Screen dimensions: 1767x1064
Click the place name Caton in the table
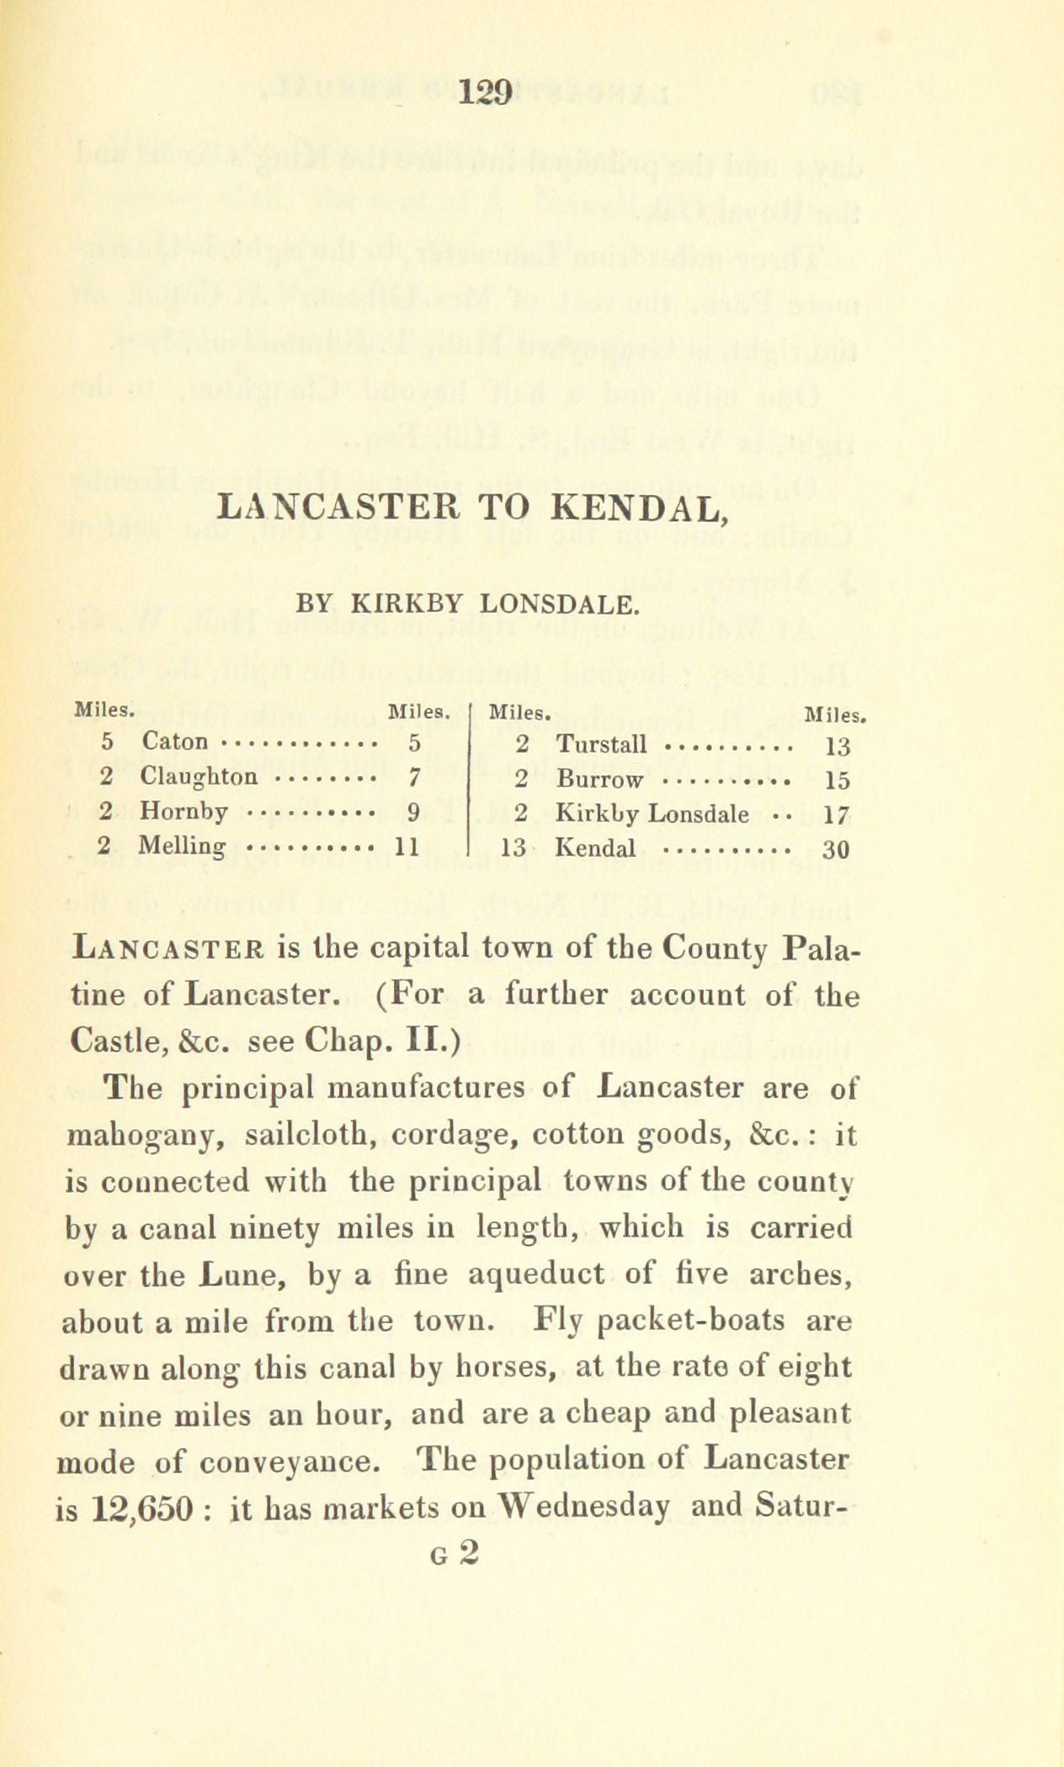pyautogui.click(x=173, y=742)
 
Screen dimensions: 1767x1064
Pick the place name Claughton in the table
pyautogui.click(x=199, y=776)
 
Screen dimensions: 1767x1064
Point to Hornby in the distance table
pyautogui.click(x=184, y=812)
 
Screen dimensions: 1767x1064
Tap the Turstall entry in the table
pyautogui.click(x=602, y=744)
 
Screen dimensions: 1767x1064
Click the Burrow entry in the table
pyautogui.click(x=600, y=780)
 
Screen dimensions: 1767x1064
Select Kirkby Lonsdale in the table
pyautogui.click(x=653, y=814)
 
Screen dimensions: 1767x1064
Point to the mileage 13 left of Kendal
pyautogui.click(x=513, y=848)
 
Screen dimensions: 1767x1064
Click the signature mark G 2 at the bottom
pyautogui.click(x=453, y=1553)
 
